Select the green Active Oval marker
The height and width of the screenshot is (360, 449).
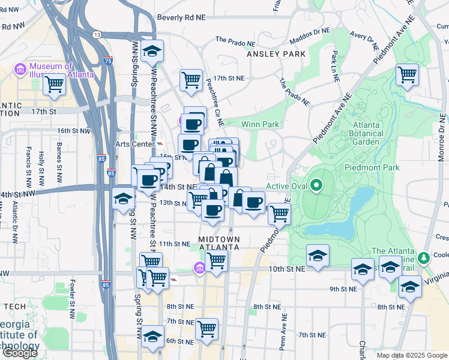(316, 185)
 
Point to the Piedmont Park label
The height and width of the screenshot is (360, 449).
(372, 167)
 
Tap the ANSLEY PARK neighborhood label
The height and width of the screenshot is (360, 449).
(276, 54)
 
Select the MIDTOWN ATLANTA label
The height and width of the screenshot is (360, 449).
(219, 244)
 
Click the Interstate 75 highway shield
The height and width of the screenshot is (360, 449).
(107, 61)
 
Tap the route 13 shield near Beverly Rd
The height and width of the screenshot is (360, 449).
(97, 35)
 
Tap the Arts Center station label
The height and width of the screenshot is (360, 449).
(134, 145)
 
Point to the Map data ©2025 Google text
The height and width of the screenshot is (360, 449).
(412, 355)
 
